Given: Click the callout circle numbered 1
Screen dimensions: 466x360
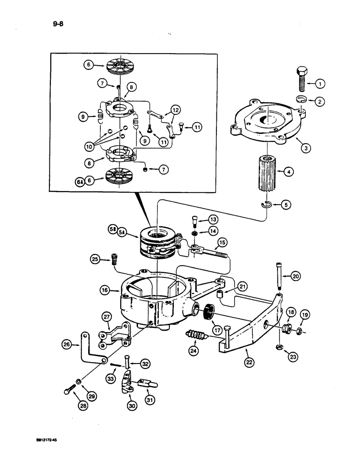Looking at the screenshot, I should click(320, 84).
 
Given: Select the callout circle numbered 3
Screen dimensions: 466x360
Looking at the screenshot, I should click(305, 149).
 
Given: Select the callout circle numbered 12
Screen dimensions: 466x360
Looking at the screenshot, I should click(175, 110).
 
